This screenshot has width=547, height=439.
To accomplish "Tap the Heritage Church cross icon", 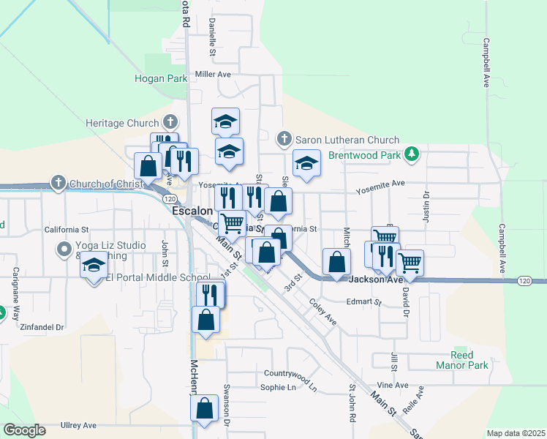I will click(x=170, y=123).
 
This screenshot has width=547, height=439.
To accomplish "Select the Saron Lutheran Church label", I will click(x=347, y=140).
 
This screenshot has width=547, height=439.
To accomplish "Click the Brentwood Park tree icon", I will click(x=412, y=153).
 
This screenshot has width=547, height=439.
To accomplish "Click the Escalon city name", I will click(x=192, y=211).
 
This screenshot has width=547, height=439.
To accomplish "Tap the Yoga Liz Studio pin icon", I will click(x=64, y=250).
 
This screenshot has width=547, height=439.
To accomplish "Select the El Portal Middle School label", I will click(x=158, y=278).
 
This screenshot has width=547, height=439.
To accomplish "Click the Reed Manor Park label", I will click(x=469, y=360).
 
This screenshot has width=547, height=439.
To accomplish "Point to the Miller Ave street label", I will click(x=213, y=75).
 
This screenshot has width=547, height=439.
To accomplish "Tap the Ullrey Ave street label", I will click(x=79, y=425).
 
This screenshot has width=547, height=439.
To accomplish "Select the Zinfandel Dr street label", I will click(x=42, y=327).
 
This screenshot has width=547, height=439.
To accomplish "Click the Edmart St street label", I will click(x=364, y=301).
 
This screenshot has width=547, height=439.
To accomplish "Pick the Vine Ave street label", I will click(x=393, y=385).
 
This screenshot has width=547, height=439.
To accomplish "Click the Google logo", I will click(x=24, y=430).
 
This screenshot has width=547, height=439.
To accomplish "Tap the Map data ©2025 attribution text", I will click(x=516, y=433).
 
